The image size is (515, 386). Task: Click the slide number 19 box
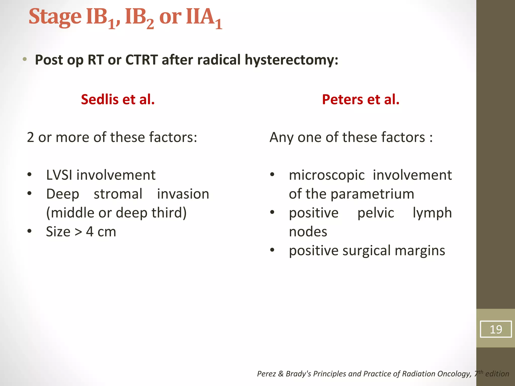pyautogui.click(x=495, y=329)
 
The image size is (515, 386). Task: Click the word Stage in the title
pyautogui.click(x=55, y=17)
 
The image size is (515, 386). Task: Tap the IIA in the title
pyautogui.click(x=200, y=17)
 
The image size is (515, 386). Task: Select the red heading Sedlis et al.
pyautogui.click(x=118, y=99)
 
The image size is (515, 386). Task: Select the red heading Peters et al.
pyautogui.click(x=361, y=99)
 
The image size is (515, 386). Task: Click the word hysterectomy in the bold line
pyautogui.click(x=291, y=60)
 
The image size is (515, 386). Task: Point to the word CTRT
pyautogui.click(x=142, y=60)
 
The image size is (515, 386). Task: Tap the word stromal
pyautogui.click(x=118, y=194)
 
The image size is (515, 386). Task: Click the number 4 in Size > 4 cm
pyautogui.click(x=90, y=232)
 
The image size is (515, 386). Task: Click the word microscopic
pyautogui.click(x=327, y=175)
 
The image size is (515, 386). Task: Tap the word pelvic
pyautogui.click(x=376, y=213)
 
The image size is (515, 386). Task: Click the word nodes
pyautogui.click(x=308, y=232)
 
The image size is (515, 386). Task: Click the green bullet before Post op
pyautogui.click(x=24, y=60)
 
